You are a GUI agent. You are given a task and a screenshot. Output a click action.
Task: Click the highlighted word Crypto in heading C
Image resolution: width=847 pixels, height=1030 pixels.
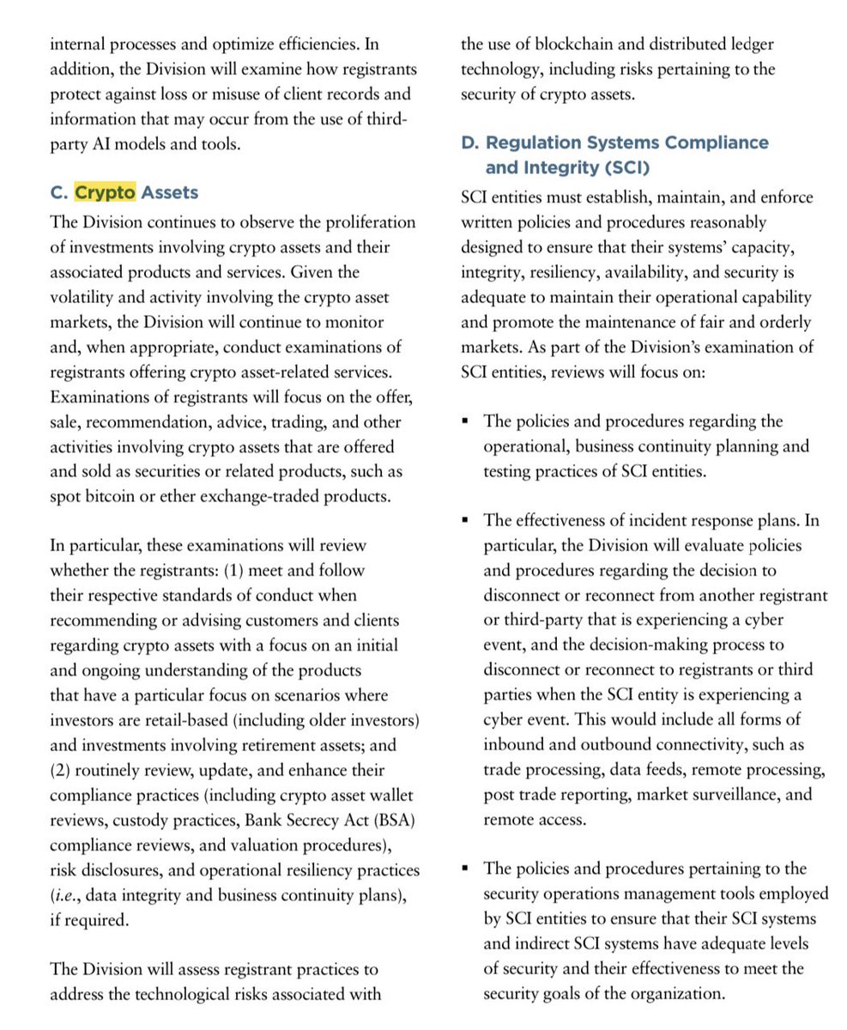point(105,192)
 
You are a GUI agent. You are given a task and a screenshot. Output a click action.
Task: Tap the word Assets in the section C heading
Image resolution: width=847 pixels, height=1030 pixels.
point(170,192)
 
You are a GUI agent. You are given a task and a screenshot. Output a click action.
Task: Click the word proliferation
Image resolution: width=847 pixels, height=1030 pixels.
point(362,222)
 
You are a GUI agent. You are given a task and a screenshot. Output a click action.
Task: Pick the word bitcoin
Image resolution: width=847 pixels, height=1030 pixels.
point(107,496)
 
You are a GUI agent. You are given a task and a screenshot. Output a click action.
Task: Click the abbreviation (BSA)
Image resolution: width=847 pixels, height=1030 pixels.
point(389,820)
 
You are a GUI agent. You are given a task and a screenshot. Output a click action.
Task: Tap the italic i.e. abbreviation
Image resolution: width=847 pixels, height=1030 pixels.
point(65,894)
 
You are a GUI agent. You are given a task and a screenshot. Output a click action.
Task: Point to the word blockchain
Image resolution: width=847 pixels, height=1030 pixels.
point(577,44)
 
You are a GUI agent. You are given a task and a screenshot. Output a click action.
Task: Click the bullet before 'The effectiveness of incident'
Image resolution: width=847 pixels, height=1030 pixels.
point(466,520)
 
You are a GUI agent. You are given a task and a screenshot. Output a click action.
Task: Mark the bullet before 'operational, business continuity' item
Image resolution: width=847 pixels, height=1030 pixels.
point(466,421)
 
